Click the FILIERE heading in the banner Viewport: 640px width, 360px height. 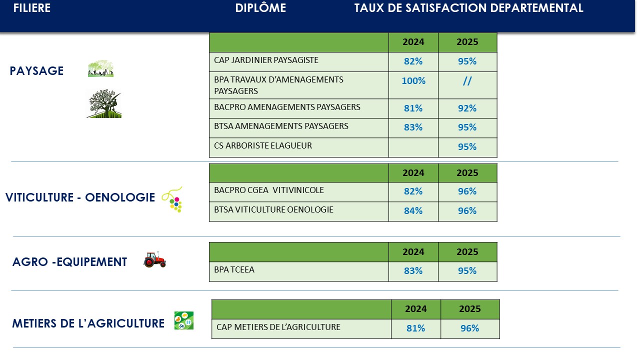tap(32, 8)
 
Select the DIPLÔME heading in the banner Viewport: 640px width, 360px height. tap(260, 8)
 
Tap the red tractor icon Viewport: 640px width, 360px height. tap(154, 259)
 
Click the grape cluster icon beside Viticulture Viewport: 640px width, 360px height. tap(173, 200)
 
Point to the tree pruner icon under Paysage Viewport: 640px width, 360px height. tap(104, 104)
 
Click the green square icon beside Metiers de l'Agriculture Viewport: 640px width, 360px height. tap(183, 320)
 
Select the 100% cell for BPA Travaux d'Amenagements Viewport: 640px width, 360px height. tap(413, 81)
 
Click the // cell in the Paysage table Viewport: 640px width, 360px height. tap(467, 81)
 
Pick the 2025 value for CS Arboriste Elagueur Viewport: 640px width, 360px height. tap(467, 147)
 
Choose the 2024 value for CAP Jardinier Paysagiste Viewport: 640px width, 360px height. tap(413, 61)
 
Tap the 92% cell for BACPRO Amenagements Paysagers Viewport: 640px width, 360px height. tap(467, 108)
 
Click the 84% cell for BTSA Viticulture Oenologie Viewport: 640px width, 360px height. tap(413, 211)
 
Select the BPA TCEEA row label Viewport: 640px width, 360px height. tap(234, 270)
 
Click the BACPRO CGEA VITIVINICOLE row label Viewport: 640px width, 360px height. tap(269, 190)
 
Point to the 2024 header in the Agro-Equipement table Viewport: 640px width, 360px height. tap(413, 252)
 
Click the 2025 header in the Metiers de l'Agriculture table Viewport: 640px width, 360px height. tap(470, 309)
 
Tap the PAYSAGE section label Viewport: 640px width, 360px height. tap(36, 71)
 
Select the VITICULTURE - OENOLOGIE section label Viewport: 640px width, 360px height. tap(80, 197)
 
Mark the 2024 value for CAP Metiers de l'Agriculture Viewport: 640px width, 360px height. tap(415, 328)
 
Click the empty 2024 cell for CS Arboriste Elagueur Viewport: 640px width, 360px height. tap(413, 147)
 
